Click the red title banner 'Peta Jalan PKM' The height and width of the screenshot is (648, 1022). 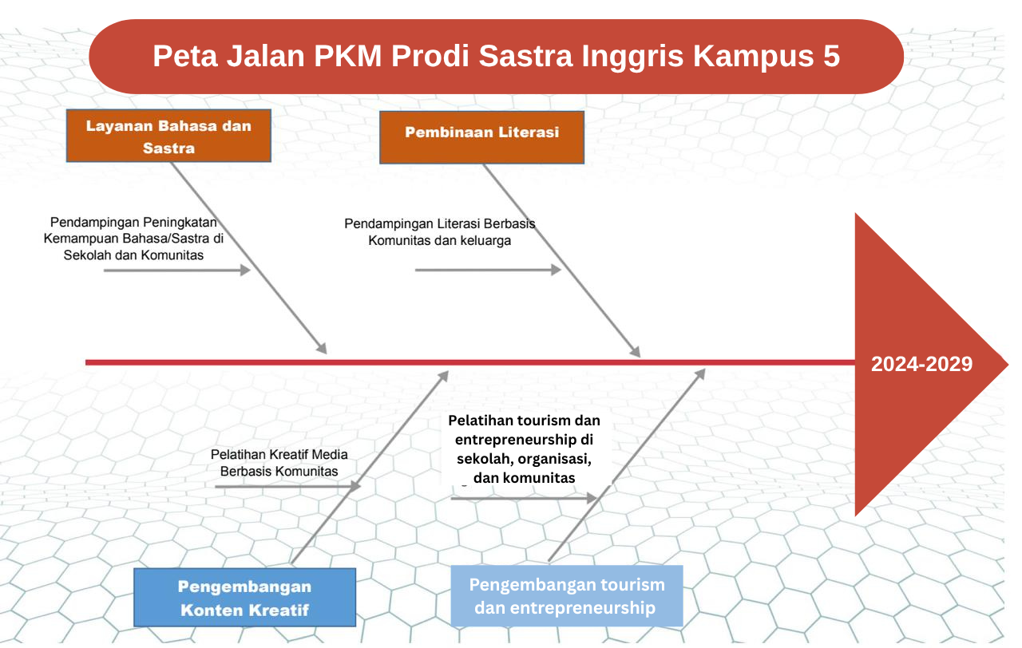click(496, 57)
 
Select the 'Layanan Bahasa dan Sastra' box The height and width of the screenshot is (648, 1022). click(168, 136)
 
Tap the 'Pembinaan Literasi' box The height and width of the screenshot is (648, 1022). click(481, 137)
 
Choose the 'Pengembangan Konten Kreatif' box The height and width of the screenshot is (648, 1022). click(244, 598)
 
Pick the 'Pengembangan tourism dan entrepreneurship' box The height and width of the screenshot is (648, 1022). click(567, 595)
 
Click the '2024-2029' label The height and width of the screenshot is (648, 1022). click(921, 364)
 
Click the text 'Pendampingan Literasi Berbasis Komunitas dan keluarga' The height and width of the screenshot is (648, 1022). click(439, 232)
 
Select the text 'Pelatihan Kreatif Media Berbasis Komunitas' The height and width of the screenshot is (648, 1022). click(279, 462)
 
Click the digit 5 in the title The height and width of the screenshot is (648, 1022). click(831, 56)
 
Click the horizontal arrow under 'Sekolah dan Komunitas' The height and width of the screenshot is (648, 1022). click(177, 271)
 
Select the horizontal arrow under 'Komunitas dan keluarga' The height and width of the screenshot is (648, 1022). click(488, 270)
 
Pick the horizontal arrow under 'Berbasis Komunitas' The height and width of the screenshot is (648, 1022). click(288, 487)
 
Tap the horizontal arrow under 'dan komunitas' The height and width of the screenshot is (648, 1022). click(525, 499)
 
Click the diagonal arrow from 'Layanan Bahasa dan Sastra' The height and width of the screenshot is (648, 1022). click(249, 258)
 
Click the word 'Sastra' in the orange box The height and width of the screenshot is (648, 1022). click(168, 148)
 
